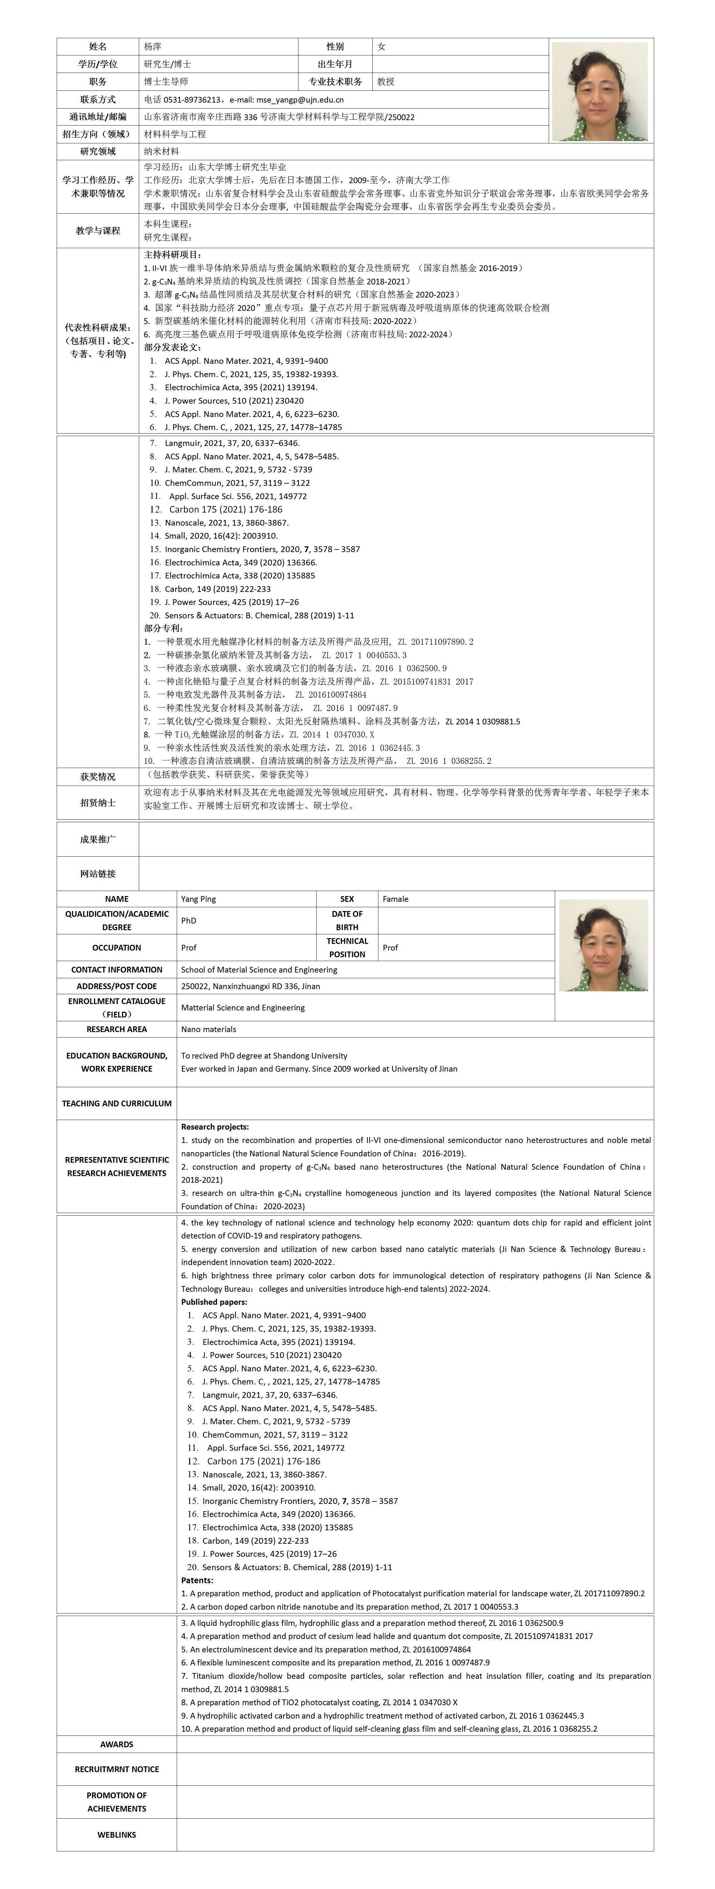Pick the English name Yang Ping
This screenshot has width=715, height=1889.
[199, 899]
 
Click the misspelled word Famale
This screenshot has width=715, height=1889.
[395, 899]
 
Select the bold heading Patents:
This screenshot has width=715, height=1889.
[197, 1580]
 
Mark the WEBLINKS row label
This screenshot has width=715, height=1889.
[117, 1835]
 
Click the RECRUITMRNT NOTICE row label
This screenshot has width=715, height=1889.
[117, 1770]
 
